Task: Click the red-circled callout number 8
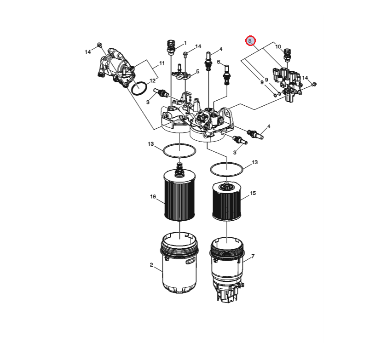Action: click(250, 41)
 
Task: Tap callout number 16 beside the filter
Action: click(153, 196)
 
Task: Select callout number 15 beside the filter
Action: click(253, 193)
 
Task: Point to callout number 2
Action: click(151, 265)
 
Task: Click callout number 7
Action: click(253, 256)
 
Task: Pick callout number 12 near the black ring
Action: click(152, 80)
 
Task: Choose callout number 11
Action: click(162, 63)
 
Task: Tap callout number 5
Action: click(198, 71)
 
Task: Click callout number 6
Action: click(219, 62)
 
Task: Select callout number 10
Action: click(278, 46)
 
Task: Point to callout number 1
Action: click(185, 43)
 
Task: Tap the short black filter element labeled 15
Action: click(227, 202)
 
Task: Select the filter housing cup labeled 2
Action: click(179, 263)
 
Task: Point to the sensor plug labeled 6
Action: click(226, 75)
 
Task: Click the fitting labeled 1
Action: click(171, 47)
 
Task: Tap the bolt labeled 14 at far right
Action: click(314, 85)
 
